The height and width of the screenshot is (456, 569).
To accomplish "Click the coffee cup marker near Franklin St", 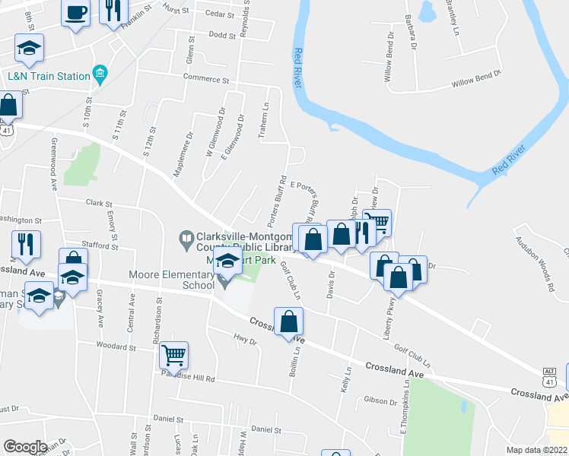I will point(76,13).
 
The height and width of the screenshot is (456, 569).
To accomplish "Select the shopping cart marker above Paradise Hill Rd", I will point(173,355).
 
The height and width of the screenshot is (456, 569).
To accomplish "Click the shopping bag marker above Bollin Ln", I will point(289,322).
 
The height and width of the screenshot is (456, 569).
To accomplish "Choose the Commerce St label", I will point(205,79).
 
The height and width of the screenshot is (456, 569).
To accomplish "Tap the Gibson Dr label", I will point(380,400).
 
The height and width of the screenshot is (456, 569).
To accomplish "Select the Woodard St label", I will point(116,346).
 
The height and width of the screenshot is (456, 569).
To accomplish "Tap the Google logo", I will point(25,447).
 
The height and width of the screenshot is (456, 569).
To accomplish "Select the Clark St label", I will point(99,204).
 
